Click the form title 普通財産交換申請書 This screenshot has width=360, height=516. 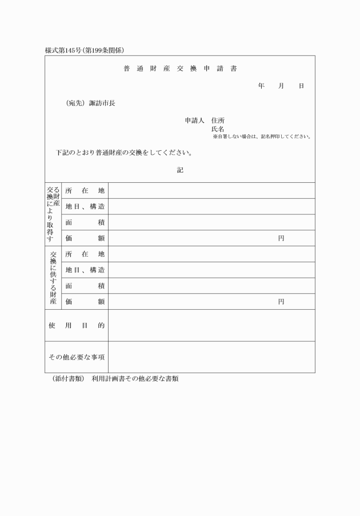pyautogui.click(x=180, y=69)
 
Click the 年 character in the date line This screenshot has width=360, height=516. pyautogui.click(x=261, y=86)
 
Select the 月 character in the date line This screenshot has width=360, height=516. pyautogui.click(x=281, y=86)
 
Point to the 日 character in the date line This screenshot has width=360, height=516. pyautogui.click(x=301, y=86)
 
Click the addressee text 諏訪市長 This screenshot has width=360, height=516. pyautogui.click(x=102, y=103)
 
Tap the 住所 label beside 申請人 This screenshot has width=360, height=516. pyautogui.click(x=218, y=121)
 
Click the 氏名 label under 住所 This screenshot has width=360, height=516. pyautogui.click(x=218, y=129)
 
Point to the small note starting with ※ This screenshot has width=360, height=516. pyautogui.click(x=262, y=137)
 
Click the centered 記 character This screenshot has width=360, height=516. pyautogui.click(x=180, y=170)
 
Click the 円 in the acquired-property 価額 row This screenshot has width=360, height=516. pyautogui.click(x=281, y=238)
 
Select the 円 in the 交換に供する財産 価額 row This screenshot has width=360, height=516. pyautogui.click(x=281, y=301)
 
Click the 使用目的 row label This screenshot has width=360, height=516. pyautogui.click(x=77, y=325)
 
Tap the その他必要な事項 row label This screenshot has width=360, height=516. pyautogui.click(x=77, y=357)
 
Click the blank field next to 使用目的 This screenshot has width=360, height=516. pyautogui.click(x=211, y=325)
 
